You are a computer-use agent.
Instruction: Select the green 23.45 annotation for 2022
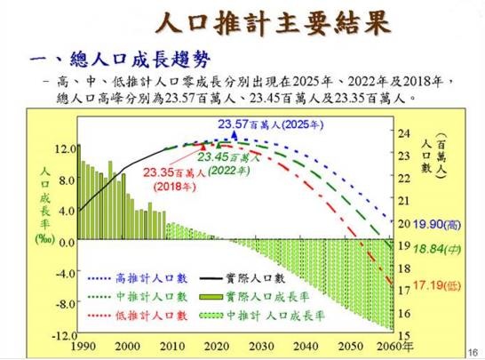pyautogui.click(x=235, y=158)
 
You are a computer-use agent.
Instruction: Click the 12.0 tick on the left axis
pyautogui.click(x=65, y=148)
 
